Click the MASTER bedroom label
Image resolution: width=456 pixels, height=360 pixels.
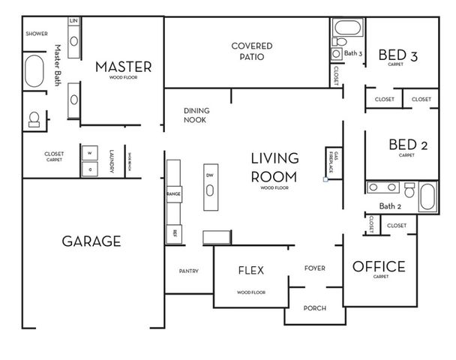123,67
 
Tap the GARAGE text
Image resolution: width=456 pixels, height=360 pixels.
91,241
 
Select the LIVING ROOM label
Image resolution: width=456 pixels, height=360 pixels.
274,167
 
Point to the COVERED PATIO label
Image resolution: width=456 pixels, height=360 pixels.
251,51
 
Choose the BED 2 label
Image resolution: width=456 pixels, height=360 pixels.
407,145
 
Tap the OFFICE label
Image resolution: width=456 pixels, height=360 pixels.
379,267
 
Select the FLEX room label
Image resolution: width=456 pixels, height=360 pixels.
250,271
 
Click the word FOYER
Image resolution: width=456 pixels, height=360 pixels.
314,268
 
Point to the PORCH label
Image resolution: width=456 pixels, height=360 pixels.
314,308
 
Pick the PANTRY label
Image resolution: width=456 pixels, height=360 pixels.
188,271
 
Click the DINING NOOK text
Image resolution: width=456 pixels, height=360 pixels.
196,115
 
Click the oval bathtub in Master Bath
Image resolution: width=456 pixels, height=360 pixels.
33,73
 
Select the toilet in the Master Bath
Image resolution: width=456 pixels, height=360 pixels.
34,119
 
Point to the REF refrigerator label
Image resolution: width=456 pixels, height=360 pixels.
174,232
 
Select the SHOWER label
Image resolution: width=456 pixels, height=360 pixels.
37,34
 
